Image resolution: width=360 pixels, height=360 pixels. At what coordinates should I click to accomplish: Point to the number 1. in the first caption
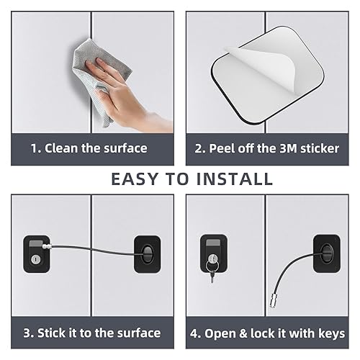(x=35, y=148)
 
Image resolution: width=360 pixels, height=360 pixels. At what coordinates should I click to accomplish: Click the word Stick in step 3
(x=56, y=333)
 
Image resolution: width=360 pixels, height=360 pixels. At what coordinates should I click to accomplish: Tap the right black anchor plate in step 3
(x=146, y=253)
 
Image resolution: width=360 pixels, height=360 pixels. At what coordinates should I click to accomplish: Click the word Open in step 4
(x=229, y=333)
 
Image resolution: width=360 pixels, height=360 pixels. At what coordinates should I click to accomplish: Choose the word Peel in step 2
(x=222, y=148)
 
